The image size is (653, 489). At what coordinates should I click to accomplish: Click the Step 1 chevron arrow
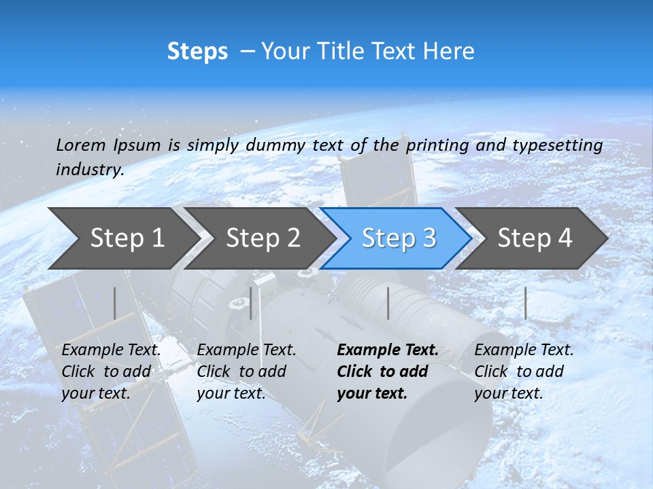[x=122, y=238]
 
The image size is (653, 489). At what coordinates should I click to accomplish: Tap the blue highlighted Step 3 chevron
[x=398, y=238]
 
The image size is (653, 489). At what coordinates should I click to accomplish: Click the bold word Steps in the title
[x=197, y=52]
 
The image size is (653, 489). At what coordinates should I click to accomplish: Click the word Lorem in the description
[x=81, y=145]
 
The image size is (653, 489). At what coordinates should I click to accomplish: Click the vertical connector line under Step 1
[x=115, y=303]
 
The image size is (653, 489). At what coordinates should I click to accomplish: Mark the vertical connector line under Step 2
[x=251, y=303]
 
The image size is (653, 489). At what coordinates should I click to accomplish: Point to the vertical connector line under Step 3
[x=388, y=303]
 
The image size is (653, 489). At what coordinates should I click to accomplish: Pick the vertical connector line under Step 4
[x=525, y=303]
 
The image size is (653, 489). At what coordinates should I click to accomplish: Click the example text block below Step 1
[x=111, y=372]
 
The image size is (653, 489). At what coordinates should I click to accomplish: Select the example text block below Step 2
[x=246, y=372]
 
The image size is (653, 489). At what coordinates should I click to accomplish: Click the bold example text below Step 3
[x=387, y=372]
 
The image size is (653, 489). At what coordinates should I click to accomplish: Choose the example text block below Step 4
[x=524, y=372]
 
